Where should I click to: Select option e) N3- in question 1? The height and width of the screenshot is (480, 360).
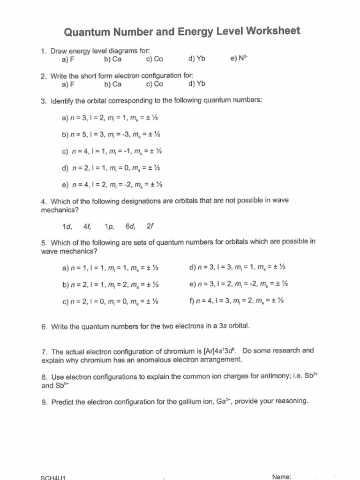239,59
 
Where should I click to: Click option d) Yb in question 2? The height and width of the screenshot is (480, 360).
197,84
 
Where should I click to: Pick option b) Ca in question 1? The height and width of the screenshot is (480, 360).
113,60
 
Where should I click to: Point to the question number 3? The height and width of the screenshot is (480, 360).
44,101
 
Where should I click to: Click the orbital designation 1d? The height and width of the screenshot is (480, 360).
67,226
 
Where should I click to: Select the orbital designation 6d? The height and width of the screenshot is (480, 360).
130,226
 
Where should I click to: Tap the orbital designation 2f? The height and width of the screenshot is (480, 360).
150,226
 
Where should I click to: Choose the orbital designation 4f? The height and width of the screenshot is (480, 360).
87,226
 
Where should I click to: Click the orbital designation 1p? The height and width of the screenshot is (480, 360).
110,227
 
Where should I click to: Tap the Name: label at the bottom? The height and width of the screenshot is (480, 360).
282,477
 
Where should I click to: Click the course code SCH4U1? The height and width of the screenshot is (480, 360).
53,478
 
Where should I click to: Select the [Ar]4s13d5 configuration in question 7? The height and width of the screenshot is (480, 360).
220,351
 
